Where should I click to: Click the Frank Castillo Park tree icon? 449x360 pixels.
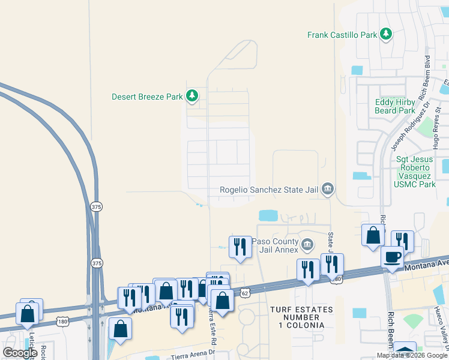pyautogui.click(x=386, y=35)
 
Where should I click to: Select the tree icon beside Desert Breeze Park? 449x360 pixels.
pyautogui.click(x=191, y=95)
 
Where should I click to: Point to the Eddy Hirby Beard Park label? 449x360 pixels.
pyautogui.click(x=394, y=106)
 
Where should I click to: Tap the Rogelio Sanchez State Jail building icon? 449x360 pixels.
pyautogui.click(x=327, y=190)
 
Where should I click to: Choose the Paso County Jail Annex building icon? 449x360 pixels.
pyautogui.click(x=307, y=244)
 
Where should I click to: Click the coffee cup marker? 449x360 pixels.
pyautogui.click(x=393, y=257)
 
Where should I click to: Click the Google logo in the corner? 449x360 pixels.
pyautogui.click(x=20, y=353)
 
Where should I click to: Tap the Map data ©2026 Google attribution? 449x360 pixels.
pyautogui.click(x=411, y=355)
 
